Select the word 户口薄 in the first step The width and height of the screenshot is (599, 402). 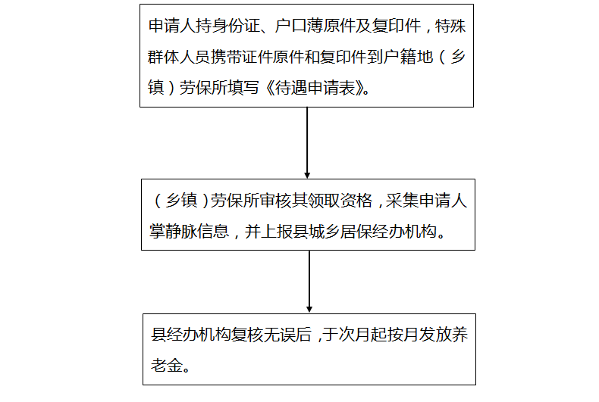click(298, 26)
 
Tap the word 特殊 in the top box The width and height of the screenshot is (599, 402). click(450, 26)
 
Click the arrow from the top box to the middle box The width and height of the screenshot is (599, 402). click(307, 142)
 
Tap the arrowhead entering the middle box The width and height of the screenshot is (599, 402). click(307, 176)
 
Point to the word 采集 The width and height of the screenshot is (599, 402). click(402, 201)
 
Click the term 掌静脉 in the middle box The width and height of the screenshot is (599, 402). click(173, 232)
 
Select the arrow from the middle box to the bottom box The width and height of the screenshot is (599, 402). click(309, 282)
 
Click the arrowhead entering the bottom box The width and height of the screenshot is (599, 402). click(309, 310)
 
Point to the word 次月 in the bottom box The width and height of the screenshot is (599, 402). click(354, 335)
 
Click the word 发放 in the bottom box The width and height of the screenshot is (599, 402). click(435, 335)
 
